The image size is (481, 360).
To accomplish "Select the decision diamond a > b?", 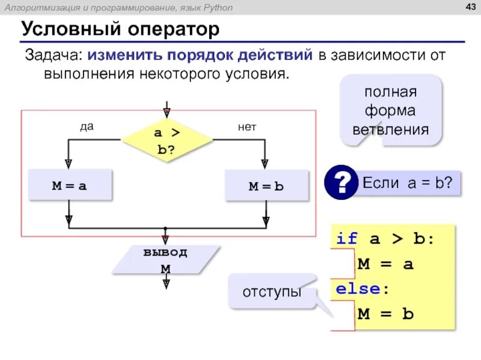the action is [x=167, y=140].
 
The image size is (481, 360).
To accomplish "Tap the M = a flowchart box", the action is [x=70, y=186].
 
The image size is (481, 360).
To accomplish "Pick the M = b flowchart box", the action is [x=266, y=186].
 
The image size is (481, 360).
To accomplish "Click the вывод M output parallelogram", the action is [x=165, y=260].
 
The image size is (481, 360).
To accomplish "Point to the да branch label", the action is [x=87, y=127].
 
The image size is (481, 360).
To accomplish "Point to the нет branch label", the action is [x=247, y=127].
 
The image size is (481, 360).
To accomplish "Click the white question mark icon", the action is [x=341, y=181].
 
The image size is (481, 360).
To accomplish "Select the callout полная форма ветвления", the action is [x=390, y=111].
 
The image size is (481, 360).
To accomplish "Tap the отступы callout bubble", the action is [x=272, y=292].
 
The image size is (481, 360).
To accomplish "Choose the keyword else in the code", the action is [x=358, y=289].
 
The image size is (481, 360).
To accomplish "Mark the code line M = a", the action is [x=385, y=263].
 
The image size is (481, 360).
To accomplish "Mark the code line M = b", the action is [x=385, y=313].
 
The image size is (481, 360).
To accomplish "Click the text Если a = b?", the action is [x=408, y=182].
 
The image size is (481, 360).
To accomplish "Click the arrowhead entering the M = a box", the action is [x=69, y=163].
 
